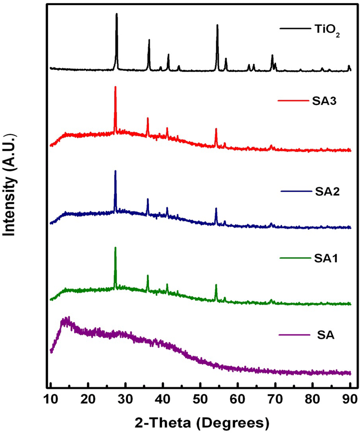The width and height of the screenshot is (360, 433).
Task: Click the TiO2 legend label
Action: pos(325,30)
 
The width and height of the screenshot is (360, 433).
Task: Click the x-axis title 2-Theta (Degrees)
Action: pos(200,422)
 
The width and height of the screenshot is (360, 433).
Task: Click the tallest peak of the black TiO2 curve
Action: pos(117,14)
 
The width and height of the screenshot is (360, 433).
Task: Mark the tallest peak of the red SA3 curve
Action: pos(115,87)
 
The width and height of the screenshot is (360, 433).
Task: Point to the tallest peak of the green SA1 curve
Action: pos(115,248)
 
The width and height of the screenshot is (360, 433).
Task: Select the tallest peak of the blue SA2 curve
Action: pos(115,171)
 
